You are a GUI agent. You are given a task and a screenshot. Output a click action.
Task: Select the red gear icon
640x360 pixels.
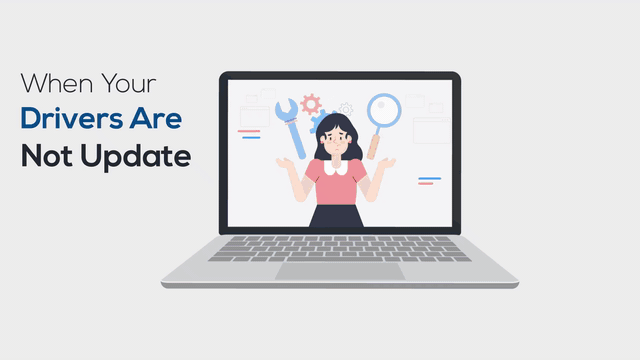coord(311,103)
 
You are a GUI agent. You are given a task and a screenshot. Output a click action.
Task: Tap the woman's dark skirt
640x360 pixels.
coord(336,216)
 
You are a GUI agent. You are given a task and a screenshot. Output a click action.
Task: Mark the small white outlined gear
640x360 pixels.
coord(346,108)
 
